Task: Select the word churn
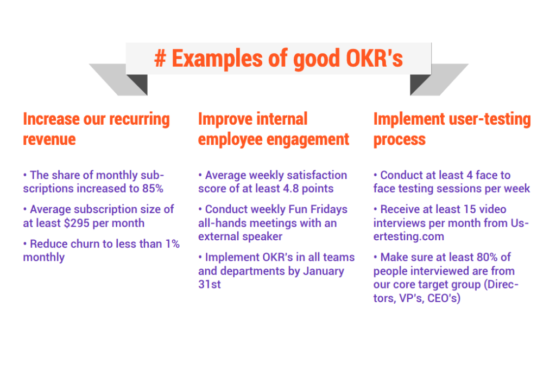point(83,244)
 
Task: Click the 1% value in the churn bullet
point(172,244)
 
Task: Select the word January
point(325,271)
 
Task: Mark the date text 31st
point(210,284)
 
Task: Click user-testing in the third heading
point(490,119)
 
